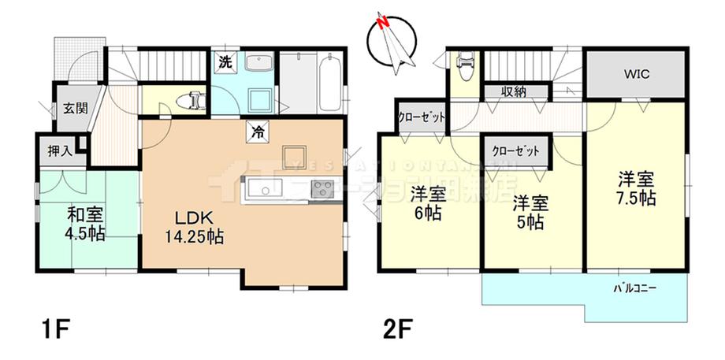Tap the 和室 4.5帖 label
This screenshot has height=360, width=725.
[x=84, y=222]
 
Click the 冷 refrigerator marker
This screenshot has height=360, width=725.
[x=258, y=132]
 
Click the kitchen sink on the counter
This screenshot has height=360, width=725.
[x=260, y=190]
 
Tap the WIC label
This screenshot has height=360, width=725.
[x=637, y=75]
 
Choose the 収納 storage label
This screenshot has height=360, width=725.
[x=514, y=92]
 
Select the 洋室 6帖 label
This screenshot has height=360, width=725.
[x=429, y=202]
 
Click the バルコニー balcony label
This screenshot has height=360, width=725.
[x=635, y=289]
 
